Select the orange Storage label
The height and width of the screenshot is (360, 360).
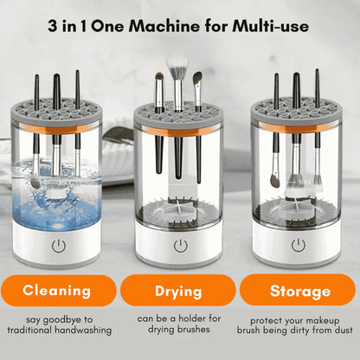click(x=299, y=290)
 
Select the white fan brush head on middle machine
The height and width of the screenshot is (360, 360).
click(x=177, y=67)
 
